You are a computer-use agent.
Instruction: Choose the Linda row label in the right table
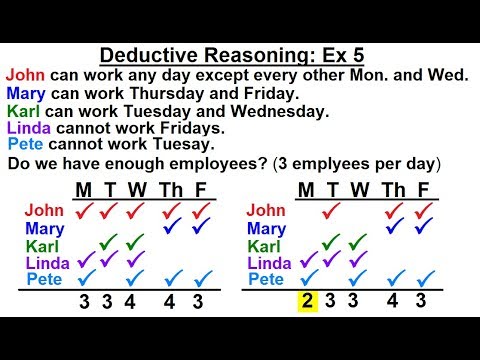coord(269,262)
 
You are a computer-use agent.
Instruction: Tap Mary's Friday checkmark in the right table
coord(422,227)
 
